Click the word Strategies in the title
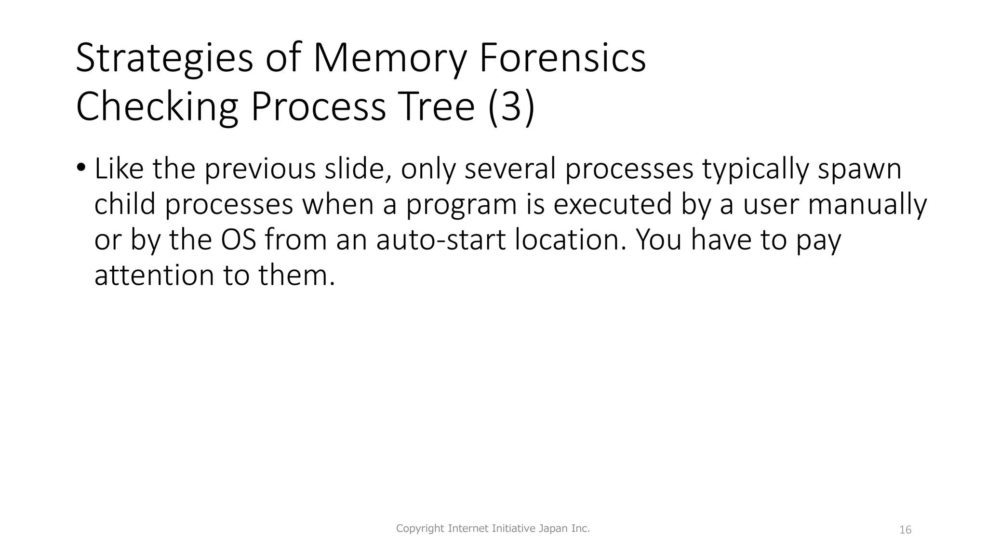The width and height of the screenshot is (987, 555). click(x=164, y=59)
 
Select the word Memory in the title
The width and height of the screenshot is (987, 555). click(x=390, y=59)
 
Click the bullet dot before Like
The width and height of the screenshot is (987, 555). click(x=81, y=168)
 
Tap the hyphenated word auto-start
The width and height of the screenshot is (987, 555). click(x=440, y=240)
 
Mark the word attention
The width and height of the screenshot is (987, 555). click(x=154, y=276)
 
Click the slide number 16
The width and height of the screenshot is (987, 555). click(x=905, y=530)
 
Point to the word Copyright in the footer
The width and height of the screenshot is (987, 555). click(x=420, y=529)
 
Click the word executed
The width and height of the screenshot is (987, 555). click(x=612, y=204)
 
